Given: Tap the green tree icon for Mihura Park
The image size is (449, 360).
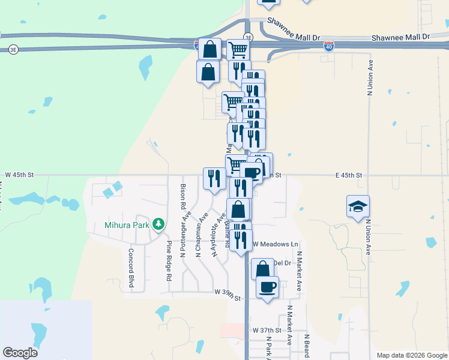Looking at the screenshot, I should pyautogui.click(x=158, y=224).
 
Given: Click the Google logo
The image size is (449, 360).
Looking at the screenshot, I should pyautogui.click(x=20, y=353).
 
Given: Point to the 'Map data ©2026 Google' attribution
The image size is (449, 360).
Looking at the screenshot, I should pyautogui.click(x=411, y=355).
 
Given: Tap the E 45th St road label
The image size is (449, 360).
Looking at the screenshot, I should pyautogui.click(x=349, y=175).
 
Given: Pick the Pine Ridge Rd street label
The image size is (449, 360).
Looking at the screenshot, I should pyautogui.click(x=169, y=262).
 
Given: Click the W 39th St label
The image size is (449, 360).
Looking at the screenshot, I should pyautogui.click(x=228, y=298).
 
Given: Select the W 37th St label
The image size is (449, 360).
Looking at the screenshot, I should pyautogui.click(x=267, y=331).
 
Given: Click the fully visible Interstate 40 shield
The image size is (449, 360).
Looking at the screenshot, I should pyautogui.click(x=328, y=45).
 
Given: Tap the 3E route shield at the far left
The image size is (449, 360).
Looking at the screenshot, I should pyautogui.click(x=13, y=50).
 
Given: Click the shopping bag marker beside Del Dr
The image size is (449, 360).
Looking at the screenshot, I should pyautogui.click(x=262, y=268).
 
